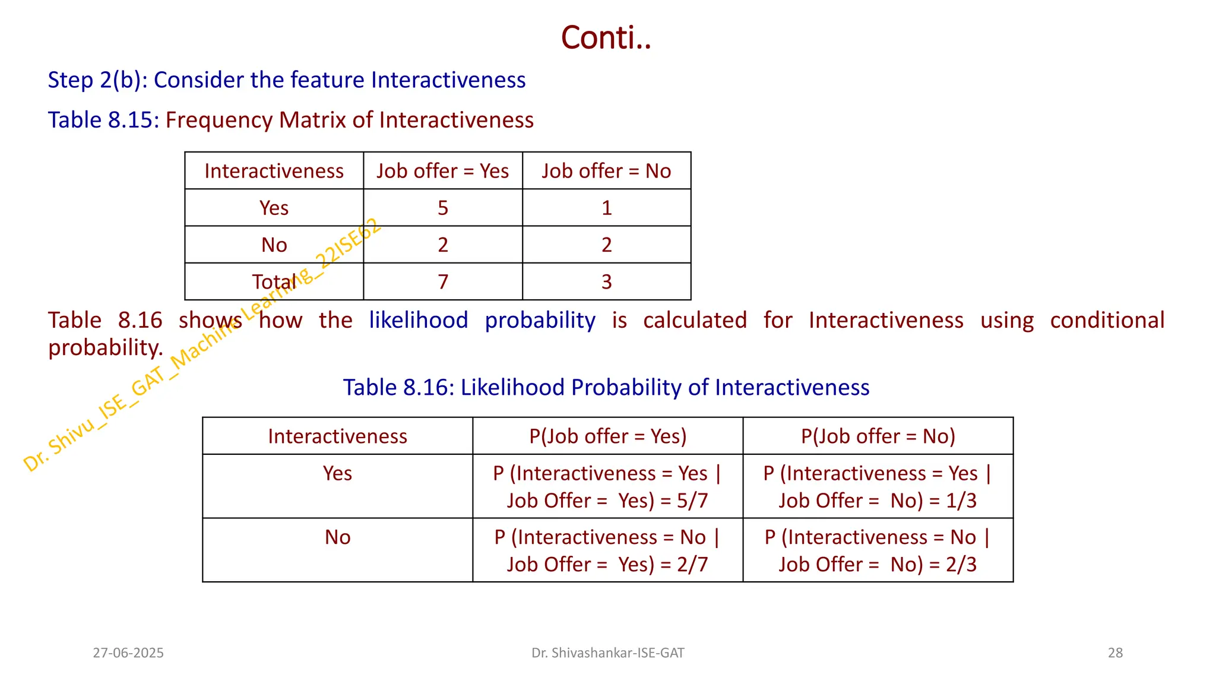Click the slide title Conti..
click(606, 38)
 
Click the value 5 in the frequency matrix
click(443, 208)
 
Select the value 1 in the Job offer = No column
click(606, 208)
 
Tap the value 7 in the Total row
click(443, 281)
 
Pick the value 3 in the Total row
click(606, 281)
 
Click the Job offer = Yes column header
click(442, 171)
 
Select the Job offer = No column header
click(606, 171)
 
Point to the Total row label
click(274, 281)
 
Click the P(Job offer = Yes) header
click(607, 436)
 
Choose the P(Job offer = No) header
click(878, 436)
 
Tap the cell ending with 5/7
click(607, 487)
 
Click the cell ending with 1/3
click(878, 487)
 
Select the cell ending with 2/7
click(607, 550)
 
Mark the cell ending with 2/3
click(878, 550)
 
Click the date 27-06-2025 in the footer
click(128, 653)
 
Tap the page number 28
click(1115, 653)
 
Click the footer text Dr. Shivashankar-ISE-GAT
click(607, 653)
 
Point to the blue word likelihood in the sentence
click(419, 321)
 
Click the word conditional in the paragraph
click(1107, 321)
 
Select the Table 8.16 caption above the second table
click(606, 388)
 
